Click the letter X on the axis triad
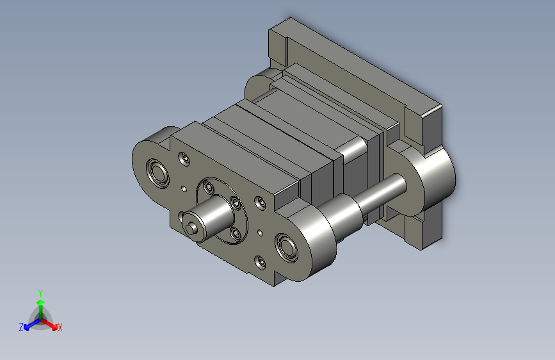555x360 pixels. point(60,327)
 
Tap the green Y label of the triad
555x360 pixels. point(40,293)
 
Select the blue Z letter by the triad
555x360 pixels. point(21,327)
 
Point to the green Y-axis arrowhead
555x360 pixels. point(41,302)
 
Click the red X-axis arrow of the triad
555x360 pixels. point(49,324)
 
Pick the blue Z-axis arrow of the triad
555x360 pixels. point(33,324)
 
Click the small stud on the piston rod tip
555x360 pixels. point(192,228)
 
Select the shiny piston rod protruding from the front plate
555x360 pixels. point(209,218)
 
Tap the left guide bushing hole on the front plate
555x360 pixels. point(157,173)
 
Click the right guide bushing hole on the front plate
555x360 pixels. point(286,248)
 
